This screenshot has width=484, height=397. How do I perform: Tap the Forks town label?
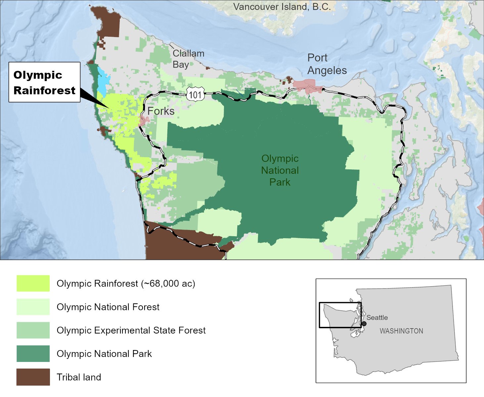pos(161,111)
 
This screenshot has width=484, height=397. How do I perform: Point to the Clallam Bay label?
pos(188,59)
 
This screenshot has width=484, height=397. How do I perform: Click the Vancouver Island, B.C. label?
pos(282,7)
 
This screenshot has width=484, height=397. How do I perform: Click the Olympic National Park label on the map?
pos(280,170)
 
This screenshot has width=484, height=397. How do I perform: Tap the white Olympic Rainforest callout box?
pos(44,82)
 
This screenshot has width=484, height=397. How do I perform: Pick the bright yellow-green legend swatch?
pos(33,284)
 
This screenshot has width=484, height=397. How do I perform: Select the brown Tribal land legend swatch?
pos(33,377)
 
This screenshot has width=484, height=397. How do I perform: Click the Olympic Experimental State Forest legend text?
pos(131,330)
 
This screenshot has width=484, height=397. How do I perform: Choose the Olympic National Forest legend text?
pos(108,307)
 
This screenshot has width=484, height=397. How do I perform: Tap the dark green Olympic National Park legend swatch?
pos(33,354)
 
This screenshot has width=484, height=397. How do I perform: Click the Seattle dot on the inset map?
pos(364,324)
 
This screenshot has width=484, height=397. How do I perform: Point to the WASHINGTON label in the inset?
pos(401,331)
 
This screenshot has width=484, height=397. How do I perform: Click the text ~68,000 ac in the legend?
pos(168,284)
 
